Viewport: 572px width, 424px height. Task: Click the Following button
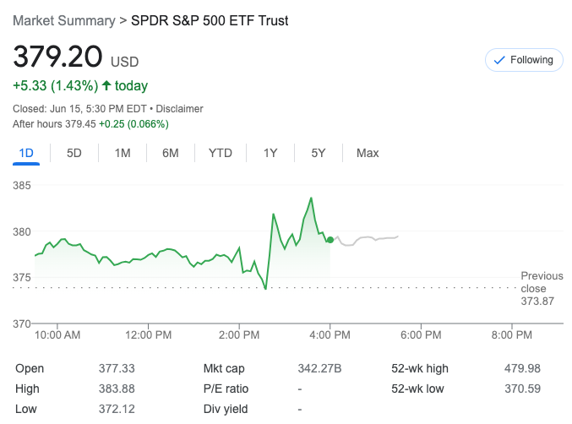click(x=523, y=60)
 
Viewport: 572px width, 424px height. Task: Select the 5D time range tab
click(x=74, y=153)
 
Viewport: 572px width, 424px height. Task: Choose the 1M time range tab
click(x=123, y=153)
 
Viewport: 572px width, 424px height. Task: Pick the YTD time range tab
click(x=221, y=153)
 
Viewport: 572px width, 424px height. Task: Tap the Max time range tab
click(x=368, y=153)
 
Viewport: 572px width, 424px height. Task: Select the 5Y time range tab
click(x=319, y=153)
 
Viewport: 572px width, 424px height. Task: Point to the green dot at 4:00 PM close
click(x=330, y=240)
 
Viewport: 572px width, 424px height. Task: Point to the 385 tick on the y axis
click(x=22, y=185)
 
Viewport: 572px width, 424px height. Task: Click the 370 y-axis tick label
click(x=22, y=323)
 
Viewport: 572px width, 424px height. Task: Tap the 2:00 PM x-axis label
click(x=239, y=335)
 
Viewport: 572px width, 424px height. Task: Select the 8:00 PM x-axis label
click(x=511, y=335)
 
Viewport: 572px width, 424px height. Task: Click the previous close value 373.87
click(x=538, y=301)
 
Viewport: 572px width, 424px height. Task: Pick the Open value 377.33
click(x=117, y=368)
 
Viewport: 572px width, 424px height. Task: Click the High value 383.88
click(x=117, y=389)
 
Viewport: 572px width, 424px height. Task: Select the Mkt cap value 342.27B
click(x=322, y=368)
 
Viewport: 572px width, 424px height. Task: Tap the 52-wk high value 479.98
click(x=523, y=368)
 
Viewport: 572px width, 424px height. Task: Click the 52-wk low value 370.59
click(x=523, y=389)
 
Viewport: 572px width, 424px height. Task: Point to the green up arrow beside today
click(x=106, y=85)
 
